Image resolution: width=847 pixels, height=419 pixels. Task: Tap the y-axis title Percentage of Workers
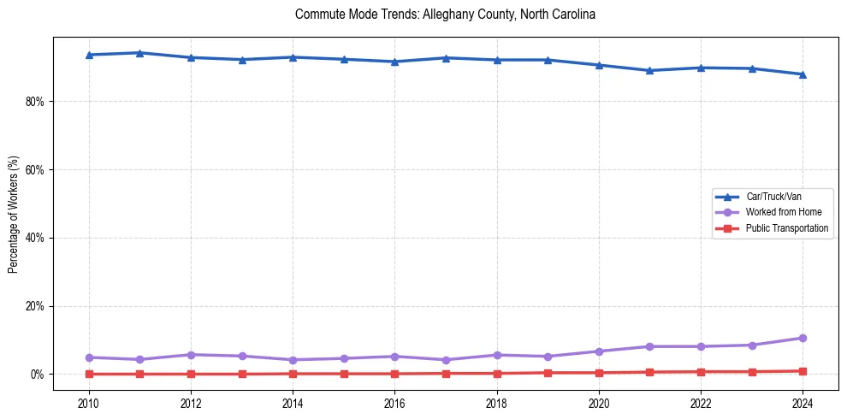(x=14, y=215)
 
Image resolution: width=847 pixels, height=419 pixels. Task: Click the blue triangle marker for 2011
(x=139, y=53)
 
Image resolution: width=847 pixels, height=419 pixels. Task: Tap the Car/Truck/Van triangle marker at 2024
(x=803, y=74)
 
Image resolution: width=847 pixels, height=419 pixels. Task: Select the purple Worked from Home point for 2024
(x=803, y=338)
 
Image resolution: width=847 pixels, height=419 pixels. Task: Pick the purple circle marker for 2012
(x=191, y=355)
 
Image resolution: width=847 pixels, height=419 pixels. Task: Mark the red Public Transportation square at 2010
(x=89, y=374)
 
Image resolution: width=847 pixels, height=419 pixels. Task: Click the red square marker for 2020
(x=599, y=373)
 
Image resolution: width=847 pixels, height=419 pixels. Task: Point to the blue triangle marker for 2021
(x=649, y=70)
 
